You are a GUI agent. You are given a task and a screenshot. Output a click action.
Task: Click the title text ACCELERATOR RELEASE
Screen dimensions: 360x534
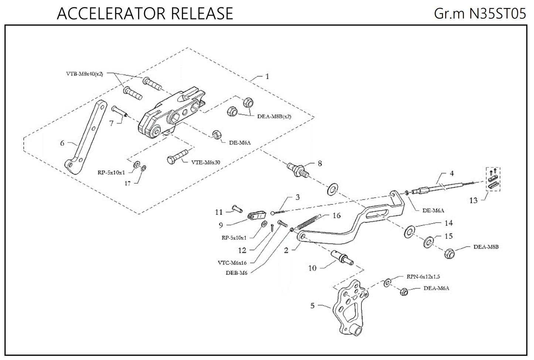click(145, 14)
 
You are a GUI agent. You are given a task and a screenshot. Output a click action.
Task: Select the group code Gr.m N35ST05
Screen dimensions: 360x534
click(480, 14)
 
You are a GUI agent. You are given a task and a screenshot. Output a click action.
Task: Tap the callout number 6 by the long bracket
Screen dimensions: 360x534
click(62, 143)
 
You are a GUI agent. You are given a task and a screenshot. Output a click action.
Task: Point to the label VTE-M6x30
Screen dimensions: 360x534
click(206, 162)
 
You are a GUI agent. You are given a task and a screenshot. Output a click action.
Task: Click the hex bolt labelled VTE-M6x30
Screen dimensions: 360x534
click(177, 157)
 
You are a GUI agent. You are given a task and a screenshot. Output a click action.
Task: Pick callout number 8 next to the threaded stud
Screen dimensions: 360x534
click(320, 163)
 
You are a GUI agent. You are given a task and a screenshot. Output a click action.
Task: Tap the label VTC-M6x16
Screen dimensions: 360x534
click(232, 262)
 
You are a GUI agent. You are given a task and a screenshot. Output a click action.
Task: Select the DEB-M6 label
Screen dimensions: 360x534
click(236, 273)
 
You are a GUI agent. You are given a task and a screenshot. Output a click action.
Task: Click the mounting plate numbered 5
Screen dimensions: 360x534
click(349, 307)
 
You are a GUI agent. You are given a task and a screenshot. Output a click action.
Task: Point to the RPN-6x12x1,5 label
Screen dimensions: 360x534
click(423, 276)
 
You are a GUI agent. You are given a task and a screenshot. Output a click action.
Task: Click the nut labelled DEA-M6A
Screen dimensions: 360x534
click(404, 292)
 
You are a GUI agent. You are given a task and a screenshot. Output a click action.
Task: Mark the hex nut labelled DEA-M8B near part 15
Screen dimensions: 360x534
click(449, 253)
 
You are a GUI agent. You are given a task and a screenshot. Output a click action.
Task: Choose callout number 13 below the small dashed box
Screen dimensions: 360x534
click(473, 200)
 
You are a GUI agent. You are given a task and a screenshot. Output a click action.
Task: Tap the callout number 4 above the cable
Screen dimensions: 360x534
click(452, 173)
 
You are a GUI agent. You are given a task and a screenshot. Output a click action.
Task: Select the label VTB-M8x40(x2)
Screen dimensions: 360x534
click(85, 74)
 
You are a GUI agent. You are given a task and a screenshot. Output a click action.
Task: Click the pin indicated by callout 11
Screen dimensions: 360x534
click(237, 209)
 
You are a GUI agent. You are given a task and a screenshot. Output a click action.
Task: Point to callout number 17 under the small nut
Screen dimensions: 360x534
click(127, 183)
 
